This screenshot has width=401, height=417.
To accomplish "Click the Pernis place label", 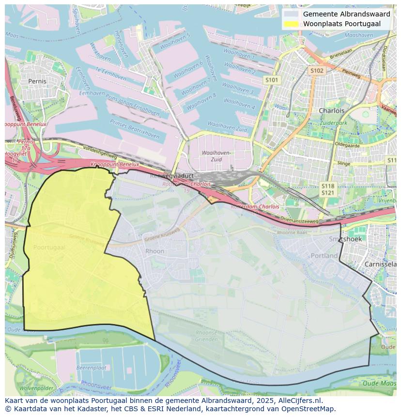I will click(x=37, y=81).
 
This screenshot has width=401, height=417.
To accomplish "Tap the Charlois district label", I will click(x=331, y=110).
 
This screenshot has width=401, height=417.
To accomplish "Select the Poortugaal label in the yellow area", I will click(x=49, y=247).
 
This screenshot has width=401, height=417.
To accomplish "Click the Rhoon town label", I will click(x=155, y=251).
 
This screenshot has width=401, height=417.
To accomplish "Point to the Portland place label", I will click(x=324, y=255).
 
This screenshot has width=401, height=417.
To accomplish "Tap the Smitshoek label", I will click(x=345, y=239).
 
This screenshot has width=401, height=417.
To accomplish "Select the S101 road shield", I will click(x=272, y=79).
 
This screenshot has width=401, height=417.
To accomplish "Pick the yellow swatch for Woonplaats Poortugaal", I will click(x=292, y=24).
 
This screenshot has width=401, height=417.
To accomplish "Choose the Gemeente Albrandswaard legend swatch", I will click(x=292, y=14).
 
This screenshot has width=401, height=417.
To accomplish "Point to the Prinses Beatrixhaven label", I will click(x=134, y=129).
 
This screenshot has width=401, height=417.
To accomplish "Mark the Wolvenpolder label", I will click(x=36, y=388).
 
